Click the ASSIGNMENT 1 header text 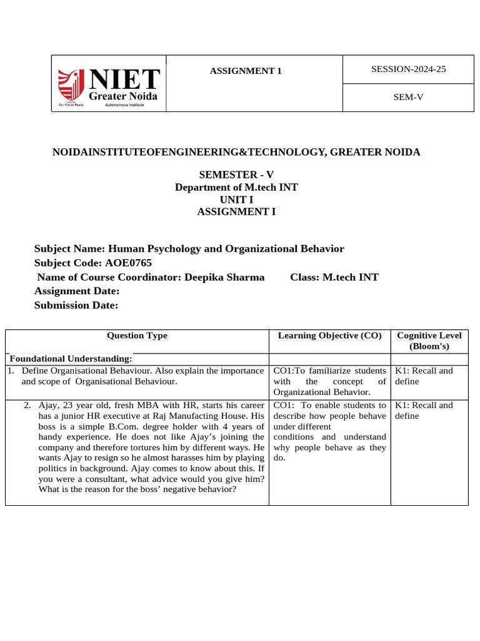(246, 71)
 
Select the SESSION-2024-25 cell (408, 69)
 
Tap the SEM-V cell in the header (408, 96)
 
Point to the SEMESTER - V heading (236, 175)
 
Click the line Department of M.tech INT (236, 187)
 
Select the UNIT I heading (236, 199)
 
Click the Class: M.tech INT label (334, 277)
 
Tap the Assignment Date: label (76, 291)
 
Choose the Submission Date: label (76, 305)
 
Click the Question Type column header (137, 336)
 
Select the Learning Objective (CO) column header (329, 336)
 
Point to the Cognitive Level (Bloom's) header (429, 341)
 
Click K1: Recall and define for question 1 (423, 376)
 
